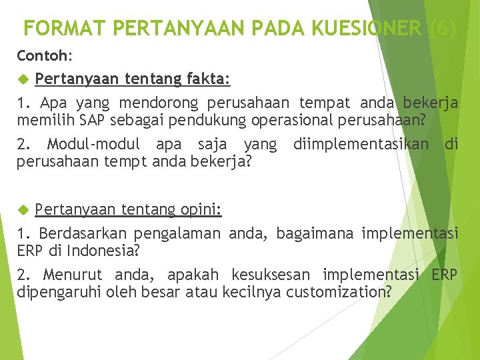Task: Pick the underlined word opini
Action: (x=201, y=210)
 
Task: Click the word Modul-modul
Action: (x=93, y=144)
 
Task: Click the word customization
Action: (x=337, y=291)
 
